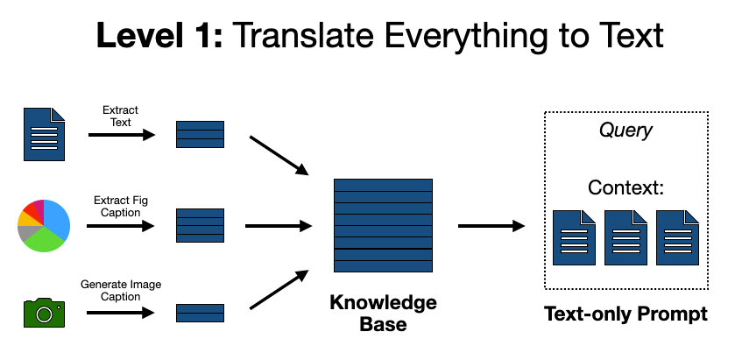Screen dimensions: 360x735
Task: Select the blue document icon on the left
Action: pyautogui.click(x=44, y=133)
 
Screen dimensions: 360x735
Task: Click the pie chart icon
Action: pyautogui.click(x=44, y=225)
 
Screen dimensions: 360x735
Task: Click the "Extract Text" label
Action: pyautogui.click(x=121, y=116)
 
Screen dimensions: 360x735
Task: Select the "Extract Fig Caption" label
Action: pyautogui.click(x=121, y=207)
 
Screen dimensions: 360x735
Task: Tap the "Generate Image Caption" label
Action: pyautogui.click(x=121, y=291)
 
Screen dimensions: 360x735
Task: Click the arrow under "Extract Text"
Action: pyautogui.click(x=121, y=135)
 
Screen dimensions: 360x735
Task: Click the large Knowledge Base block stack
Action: pyautogui.click(x=383, y=226)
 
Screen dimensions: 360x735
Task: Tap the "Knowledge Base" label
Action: pyautogui.click(x=383, y=313)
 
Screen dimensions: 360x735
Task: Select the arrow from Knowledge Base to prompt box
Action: pyautogui.click(x=491, y=226)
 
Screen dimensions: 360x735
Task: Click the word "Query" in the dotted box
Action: pyautogui.click(x=625, y=131)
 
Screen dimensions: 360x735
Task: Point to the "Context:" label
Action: pyautogui.click(x=625, y=187)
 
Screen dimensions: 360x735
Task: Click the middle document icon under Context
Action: pyautogui.click(x=625, y=237)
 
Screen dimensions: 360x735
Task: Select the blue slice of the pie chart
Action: pyautogui.click(x=55, y=219)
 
